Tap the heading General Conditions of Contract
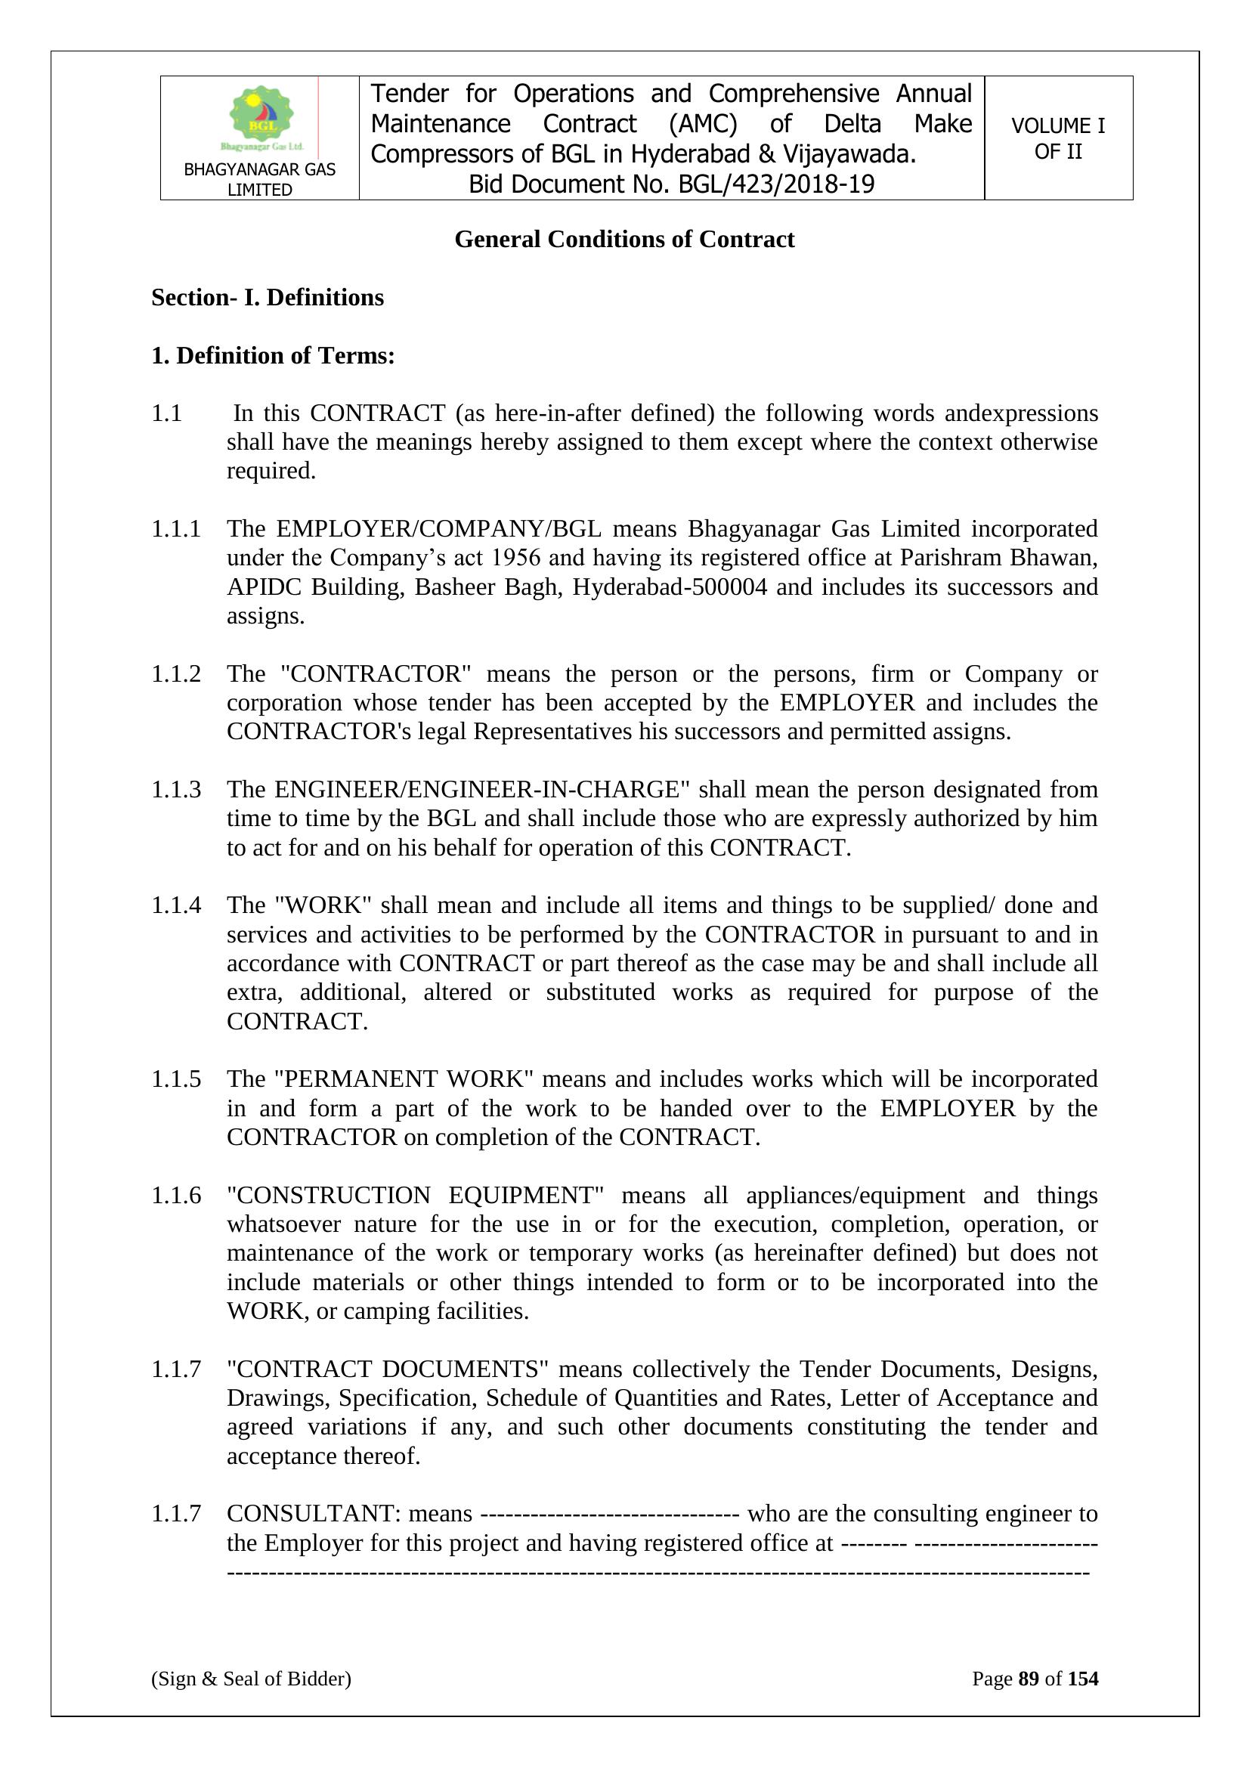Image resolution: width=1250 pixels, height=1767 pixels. pyautogui.click(x=624, y=240)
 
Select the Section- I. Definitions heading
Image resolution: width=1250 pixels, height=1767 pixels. pyautogui.click(x=267, y=298)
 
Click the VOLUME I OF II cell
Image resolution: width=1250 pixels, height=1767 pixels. pyautogui.click(x=1057, y=138)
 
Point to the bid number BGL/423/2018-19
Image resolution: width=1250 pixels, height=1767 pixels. pyautogui.click(x=776, y=184)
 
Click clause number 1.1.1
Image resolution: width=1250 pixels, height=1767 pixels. pyautogui.click(x=175, y=530)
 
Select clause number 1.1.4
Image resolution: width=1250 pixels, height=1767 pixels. pyautogui.click(x=175, y=906)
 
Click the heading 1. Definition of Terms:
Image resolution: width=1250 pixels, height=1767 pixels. pyautogui.click(x=273, y=356)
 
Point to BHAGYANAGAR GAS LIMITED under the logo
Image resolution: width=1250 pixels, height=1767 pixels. pyautogui.click(x=259, y=179)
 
